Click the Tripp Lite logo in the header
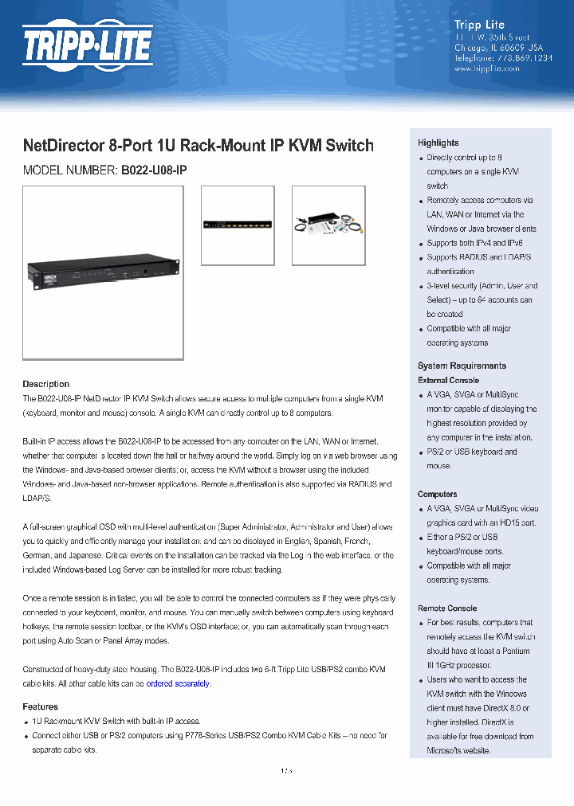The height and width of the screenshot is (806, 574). [x=87, y=45]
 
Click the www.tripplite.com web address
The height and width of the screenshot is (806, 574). [x=486, y=69]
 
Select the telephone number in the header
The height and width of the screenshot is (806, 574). [x=502, y=58]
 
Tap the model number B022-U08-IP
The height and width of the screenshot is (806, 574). [x=154, y=170]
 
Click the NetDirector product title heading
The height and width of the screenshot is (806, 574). [x=198, y=146]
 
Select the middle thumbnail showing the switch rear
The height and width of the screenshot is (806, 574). [x=237, y=225]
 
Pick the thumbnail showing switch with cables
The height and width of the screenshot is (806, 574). [x=328, y=225]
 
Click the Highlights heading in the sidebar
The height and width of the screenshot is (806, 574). [x=438, y=143]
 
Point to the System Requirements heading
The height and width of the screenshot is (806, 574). [x=462, y=366]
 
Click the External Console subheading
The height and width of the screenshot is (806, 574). [x=448, y=380]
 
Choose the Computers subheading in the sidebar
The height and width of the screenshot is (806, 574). [x=437, y=494]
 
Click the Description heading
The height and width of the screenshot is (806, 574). [x=45, y=384]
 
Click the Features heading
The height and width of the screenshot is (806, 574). [x=40, y=706]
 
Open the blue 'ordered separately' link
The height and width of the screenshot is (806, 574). [x=177, y=683]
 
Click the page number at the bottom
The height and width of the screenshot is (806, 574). [x=286, y=770]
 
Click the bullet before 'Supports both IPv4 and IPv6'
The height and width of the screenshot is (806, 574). [x=421, y=244]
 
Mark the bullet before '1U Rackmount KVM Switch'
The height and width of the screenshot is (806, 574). [x=26, y=722]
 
